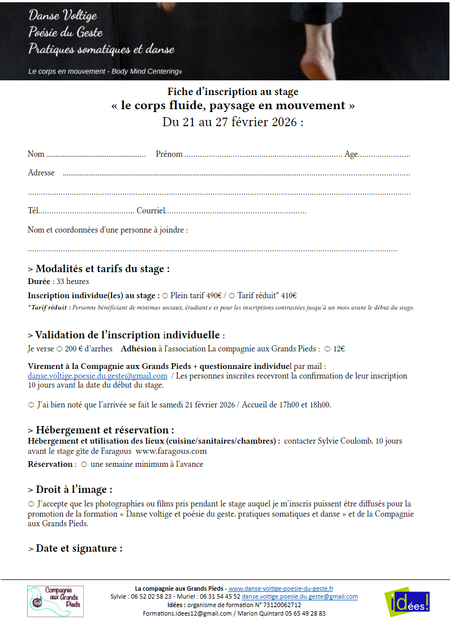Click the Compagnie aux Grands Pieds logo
(x=55, y=601)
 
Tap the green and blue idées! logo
(x=406, y=601)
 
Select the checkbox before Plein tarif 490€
(x=165, y=295)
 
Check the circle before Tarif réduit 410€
(x=232, y=295)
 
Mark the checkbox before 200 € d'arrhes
(x=59, y=349)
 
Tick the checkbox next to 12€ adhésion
(x=328, y=349)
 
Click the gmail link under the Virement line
(x=97, y=376)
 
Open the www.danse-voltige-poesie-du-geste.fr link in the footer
(x=281, y=588)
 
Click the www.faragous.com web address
(x=171, y=451)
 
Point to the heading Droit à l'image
(x=74, y=489)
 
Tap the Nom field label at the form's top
(x=36, y=154)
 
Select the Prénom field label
(x=169, y=154)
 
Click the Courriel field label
(x=151, y=211)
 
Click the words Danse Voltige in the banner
(x=63, y=15)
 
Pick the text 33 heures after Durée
(x=72, y=281)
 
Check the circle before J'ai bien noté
(x=31, y=405)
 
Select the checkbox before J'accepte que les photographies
(x=31, y=504)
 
